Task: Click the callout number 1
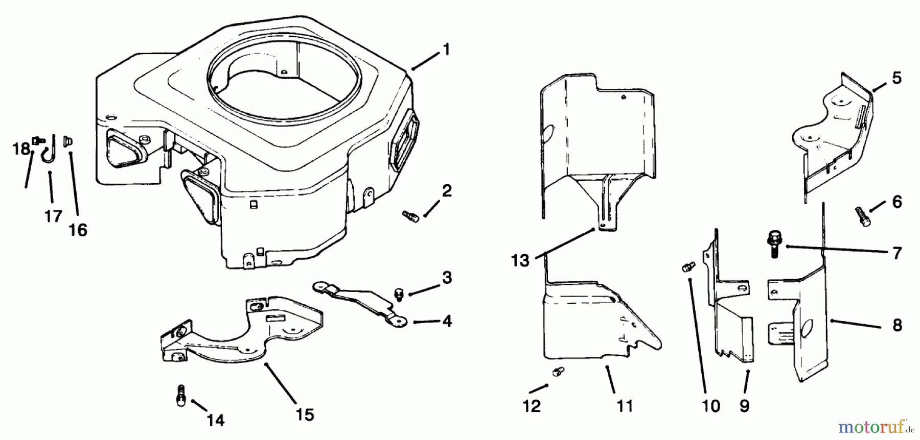446,50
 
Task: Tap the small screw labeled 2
410,216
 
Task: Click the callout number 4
447,322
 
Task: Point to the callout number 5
896,78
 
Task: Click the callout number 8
897,325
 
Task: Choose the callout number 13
520,261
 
